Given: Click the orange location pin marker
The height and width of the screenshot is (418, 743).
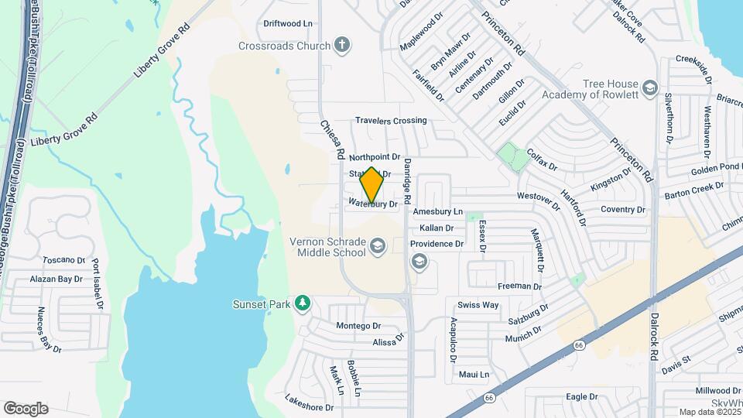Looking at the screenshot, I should [x=371, y=186].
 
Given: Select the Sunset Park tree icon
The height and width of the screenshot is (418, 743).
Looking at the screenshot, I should [x=303, y=303].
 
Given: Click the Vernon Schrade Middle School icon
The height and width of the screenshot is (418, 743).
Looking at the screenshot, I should [x=378, y=247].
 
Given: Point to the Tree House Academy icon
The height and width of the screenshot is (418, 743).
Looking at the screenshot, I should [x=649, y=88].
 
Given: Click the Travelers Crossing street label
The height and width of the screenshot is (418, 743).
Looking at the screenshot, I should [x=391, y=120].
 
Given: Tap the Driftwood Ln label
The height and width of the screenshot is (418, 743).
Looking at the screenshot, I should [x=287, y=24].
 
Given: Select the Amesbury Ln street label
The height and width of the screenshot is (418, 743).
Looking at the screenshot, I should [x=437, y=211].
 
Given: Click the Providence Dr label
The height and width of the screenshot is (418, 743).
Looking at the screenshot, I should [x=437, y=244].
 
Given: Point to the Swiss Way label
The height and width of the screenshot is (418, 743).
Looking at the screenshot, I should [x=478, y=304].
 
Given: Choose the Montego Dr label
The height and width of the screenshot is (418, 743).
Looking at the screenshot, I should [x=358, y=326].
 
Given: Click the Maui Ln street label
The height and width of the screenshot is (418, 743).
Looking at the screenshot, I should [x=474, y=374].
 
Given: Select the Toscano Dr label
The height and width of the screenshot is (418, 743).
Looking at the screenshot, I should [x=63, y=260].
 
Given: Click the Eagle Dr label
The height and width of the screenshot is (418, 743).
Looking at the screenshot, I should [x=582, y=396].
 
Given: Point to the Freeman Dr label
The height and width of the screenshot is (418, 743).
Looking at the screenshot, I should [x=519, y=286].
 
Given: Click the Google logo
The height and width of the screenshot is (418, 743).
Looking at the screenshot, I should [x=26, y=408].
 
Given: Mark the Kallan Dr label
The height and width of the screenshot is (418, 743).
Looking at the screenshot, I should [x=436, y=228].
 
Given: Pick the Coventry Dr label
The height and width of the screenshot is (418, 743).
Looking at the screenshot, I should [x=623, y=210].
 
